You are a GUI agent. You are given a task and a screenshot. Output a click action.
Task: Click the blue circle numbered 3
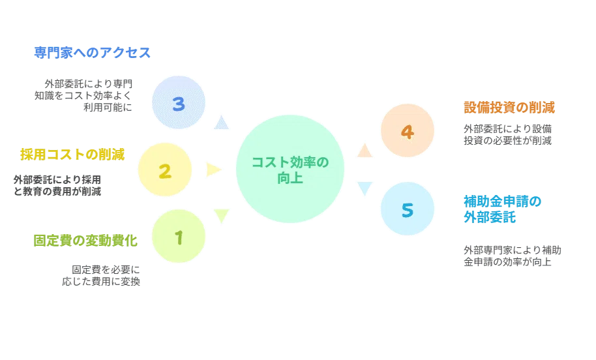click(x=179, y=102)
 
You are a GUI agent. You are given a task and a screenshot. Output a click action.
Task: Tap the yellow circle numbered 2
click(x=164, y=170)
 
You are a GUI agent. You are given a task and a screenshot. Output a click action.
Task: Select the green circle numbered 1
click(x=179, y=236)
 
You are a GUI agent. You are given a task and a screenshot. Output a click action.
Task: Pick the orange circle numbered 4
click(x=408, y=130)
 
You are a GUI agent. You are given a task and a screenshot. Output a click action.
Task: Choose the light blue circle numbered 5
click(x=408, y=209)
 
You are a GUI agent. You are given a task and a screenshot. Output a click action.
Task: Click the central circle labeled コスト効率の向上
click(x=290, y=169)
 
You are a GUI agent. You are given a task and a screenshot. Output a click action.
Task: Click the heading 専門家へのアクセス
click(x=93, y=52)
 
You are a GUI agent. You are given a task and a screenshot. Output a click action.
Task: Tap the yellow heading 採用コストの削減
click(x=72, y=155)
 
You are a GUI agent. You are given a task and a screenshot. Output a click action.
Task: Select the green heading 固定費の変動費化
click(x=85, y=241)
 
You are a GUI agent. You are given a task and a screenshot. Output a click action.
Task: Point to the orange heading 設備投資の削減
click(x=509, y=108)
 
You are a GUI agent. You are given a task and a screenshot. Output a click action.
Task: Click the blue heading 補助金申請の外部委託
click(x=503, y=209)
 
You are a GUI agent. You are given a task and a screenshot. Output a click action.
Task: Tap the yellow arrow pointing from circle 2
click(x=214, y=170)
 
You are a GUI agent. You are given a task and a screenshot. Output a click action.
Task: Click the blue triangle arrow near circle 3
click(x=221, y=123)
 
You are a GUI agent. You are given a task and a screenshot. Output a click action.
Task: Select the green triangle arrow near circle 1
click(x=221, y=216)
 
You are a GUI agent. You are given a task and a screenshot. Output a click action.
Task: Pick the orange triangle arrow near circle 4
click(x=365, y=151)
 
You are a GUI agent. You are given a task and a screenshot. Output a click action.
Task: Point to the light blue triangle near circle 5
click(x=365, y=188)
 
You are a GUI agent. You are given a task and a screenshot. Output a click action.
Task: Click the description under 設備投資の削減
click(x=508, y=134)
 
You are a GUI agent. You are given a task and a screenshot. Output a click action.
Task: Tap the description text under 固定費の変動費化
click(x=101, y=276)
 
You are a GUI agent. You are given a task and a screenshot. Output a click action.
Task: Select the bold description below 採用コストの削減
click(x=57, y=185)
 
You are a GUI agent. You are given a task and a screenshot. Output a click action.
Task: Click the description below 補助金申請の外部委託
click(x=513, y=256)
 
